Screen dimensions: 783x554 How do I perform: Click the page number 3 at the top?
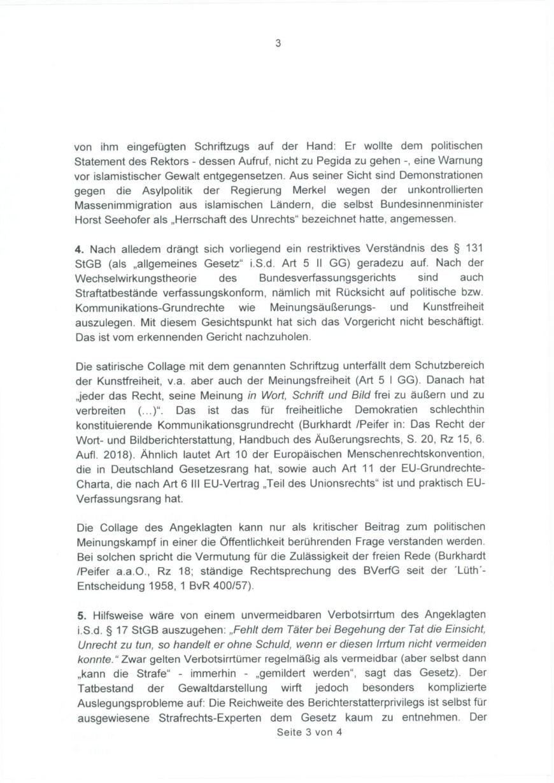[277, 44]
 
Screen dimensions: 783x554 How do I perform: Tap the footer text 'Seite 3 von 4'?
[310, 733]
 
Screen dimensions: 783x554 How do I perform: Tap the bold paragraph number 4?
[79, 248]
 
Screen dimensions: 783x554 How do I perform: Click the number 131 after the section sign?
[473, 248]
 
